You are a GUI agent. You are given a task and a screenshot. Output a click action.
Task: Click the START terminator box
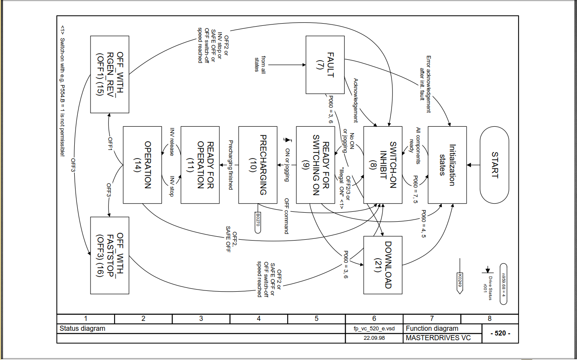click(494, 165)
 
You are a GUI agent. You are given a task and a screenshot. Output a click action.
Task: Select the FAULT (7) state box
click(325, 64)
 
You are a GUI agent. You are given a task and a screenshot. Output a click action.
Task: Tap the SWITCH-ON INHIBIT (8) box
click(383, 165)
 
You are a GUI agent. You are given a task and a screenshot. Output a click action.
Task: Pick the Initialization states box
click(447, 165)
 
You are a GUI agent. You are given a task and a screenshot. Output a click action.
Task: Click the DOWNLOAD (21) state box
click(383, 265)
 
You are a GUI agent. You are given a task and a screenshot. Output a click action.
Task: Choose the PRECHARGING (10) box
click(258, 165)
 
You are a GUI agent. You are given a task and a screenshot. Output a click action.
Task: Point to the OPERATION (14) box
click(142, 165)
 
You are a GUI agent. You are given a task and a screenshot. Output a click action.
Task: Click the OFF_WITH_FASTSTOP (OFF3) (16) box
click(109, 256)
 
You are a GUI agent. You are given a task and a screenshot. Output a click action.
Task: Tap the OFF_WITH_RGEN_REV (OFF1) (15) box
click(109, 74)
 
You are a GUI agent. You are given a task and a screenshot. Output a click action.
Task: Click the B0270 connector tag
click(258, 223)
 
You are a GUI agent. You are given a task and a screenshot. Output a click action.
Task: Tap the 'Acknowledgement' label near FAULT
click(355, 100)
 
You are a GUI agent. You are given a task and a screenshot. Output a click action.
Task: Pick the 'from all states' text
click(260, 64)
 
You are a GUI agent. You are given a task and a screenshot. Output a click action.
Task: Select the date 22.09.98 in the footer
click(374, 338)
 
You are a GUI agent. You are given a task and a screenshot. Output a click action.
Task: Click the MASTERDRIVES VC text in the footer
click(438, 338)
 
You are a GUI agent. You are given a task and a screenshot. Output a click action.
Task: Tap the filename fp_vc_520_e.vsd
click(374, 329)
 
